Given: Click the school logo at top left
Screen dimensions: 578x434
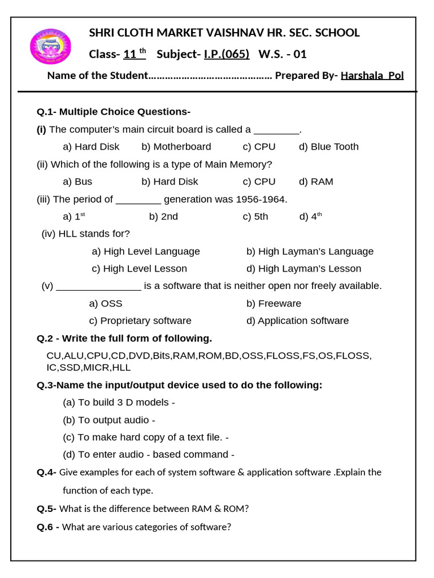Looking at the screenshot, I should coord(50,46).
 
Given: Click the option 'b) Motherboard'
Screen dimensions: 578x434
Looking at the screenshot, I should coord(176,147).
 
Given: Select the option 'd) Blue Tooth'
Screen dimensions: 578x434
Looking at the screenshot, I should coord(328,147).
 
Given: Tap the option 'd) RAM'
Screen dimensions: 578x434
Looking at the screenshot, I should coord(316,182).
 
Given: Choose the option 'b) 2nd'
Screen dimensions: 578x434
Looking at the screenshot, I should coord(163,217).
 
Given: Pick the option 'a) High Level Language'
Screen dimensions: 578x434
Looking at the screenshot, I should coord(146,251).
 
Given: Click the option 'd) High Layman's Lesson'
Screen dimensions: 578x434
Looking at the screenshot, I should coord(303,269).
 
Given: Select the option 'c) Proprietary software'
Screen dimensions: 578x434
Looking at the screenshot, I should coord(140,321).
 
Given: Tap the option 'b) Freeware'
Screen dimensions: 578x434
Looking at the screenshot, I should coord(274,304).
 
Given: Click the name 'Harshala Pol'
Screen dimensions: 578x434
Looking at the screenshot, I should coord(372,76).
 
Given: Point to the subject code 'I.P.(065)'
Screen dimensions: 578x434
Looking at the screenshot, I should coord(227,54).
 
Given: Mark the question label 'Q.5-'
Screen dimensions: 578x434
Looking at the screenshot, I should coord(46,509).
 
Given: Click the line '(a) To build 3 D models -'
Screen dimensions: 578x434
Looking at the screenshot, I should coord(119,402).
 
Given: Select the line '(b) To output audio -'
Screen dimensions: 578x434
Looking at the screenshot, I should coord(108,420).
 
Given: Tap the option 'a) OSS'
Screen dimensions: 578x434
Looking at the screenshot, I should coord(106,304).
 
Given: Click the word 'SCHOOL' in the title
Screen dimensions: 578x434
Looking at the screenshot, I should coord(337,33).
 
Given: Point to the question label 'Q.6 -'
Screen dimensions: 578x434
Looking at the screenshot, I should coord(48,527).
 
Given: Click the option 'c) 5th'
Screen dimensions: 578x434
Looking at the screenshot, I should coord(255,217).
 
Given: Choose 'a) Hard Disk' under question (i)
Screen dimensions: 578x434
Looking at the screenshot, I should coord(91,147).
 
